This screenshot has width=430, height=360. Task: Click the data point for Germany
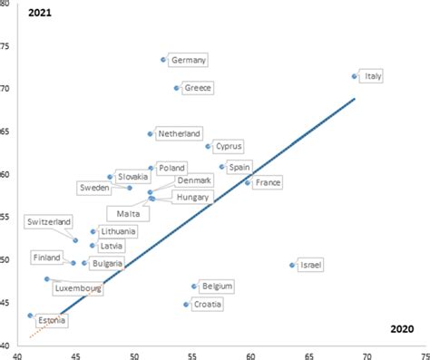163,60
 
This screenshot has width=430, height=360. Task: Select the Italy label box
373,77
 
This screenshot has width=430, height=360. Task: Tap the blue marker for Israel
292,265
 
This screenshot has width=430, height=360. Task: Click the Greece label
198,88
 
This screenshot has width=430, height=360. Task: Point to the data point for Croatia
186,305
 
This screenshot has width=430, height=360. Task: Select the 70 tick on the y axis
7,89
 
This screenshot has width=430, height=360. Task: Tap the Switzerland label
49,222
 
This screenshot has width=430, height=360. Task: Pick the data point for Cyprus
208,146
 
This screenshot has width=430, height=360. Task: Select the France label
268,183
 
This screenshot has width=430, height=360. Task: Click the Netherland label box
179,133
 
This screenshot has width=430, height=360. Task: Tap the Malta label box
126,213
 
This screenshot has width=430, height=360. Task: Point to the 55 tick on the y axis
7,218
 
